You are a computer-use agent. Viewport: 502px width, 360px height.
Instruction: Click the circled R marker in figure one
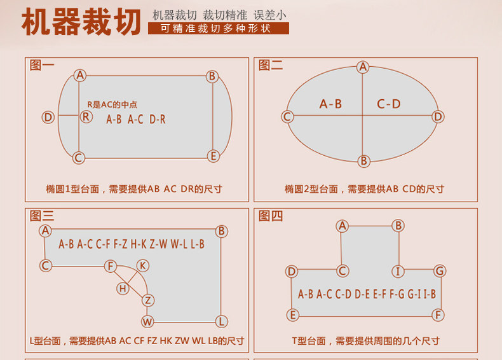click(86, 117)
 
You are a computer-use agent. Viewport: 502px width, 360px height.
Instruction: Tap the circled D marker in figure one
click(48, 117)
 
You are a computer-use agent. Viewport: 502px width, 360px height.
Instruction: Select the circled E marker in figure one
click(214, 156)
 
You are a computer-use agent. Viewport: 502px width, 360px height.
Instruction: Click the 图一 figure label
click(42, 65)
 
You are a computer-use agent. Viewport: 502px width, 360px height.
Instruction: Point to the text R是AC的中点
click(112, 104)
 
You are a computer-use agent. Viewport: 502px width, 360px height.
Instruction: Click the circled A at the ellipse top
click(363, 67)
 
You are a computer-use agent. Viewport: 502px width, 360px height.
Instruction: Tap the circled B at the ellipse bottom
click(363, 161)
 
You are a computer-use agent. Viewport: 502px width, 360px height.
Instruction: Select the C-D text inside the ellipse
click(389, 104)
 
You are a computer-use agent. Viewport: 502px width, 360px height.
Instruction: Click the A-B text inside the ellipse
click(330, 104)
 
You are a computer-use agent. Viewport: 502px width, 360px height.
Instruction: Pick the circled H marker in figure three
click(123, 289)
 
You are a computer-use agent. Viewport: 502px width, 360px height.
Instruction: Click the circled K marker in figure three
click(143, 265)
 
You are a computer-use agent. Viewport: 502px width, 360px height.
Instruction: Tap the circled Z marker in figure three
click(148, 300)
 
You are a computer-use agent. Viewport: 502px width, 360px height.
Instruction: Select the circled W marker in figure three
click(147, 322)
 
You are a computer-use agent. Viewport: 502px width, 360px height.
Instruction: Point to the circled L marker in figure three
click(222, 322)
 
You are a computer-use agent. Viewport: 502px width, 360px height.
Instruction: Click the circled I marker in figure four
click(398, 271)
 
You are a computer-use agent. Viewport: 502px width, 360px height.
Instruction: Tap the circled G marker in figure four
click(440, 271)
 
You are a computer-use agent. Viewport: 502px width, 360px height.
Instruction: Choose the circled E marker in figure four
click(292, 315)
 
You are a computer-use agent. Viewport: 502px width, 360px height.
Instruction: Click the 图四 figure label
click(271, 216)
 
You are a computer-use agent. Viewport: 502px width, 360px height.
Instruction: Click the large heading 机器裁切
click(81, 22)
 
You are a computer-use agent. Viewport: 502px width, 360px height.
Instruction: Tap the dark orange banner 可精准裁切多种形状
click(219, 28)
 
